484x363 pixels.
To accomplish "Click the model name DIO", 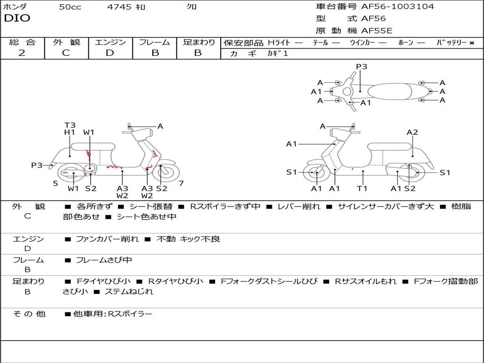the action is coord(17,18).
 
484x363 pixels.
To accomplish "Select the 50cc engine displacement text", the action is coord(70,7).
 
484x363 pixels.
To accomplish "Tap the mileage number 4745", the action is coord(119,7).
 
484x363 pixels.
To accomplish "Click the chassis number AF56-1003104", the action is coord(398,7).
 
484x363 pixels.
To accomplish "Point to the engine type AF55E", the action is coord(377,31).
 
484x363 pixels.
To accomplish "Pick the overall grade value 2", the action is coord(22,53).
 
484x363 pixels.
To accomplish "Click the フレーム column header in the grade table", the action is coord(155,42).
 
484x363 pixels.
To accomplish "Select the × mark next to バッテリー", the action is coord(471,43).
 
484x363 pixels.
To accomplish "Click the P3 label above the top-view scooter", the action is coord(362,67).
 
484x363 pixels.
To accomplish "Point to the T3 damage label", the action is coord(70,125).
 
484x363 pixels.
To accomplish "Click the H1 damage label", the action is coord(70,132).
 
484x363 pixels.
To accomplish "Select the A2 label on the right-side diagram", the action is coord(412,132).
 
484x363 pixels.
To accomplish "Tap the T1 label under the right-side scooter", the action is coord(362,189).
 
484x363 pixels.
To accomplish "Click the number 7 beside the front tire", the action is coord(181,183).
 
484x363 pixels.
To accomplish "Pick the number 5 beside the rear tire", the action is coord(55,183).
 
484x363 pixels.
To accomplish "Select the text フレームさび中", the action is coord(104,260).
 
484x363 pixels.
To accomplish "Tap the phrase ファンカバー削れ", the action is coord(107,239).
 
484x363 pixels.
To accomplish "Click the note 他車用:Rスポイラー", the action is coord(112,313).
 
